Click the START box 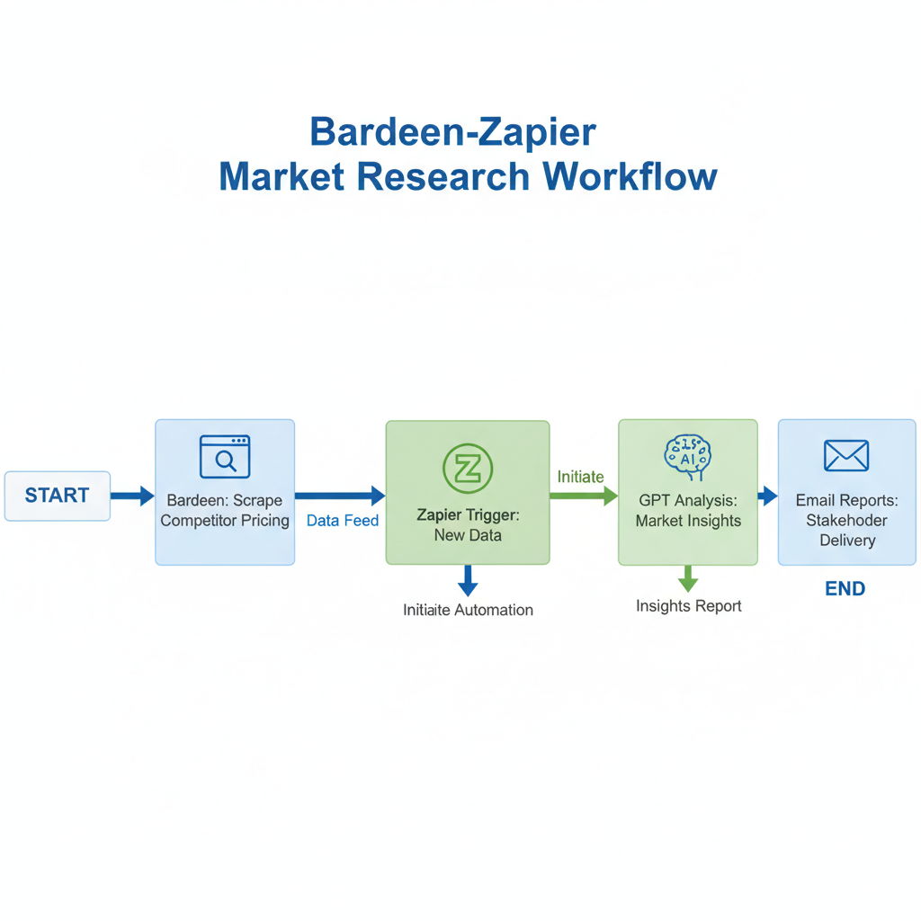58,496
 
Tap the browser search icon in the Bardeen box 224,457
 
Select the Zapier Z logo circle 468,468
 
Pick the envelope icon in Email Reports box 845,456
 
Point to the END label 845,589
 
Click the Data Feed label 343,521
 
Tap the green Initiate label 580,477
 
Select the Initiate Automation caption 468,610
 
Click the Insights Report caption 688,606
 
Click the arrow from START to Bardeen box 132,495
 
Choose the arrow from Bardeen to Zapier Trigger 340,495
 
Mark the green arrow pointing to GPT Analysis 584,495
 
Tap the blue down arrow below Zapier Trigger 468,581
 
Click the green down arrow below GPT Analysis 688,578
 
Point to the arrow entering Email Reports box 767,495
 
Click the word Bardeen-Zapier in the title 452,132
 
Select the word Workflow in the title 630,176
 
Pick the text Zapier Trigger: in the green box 468,515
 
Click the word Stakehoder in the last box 846,520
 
